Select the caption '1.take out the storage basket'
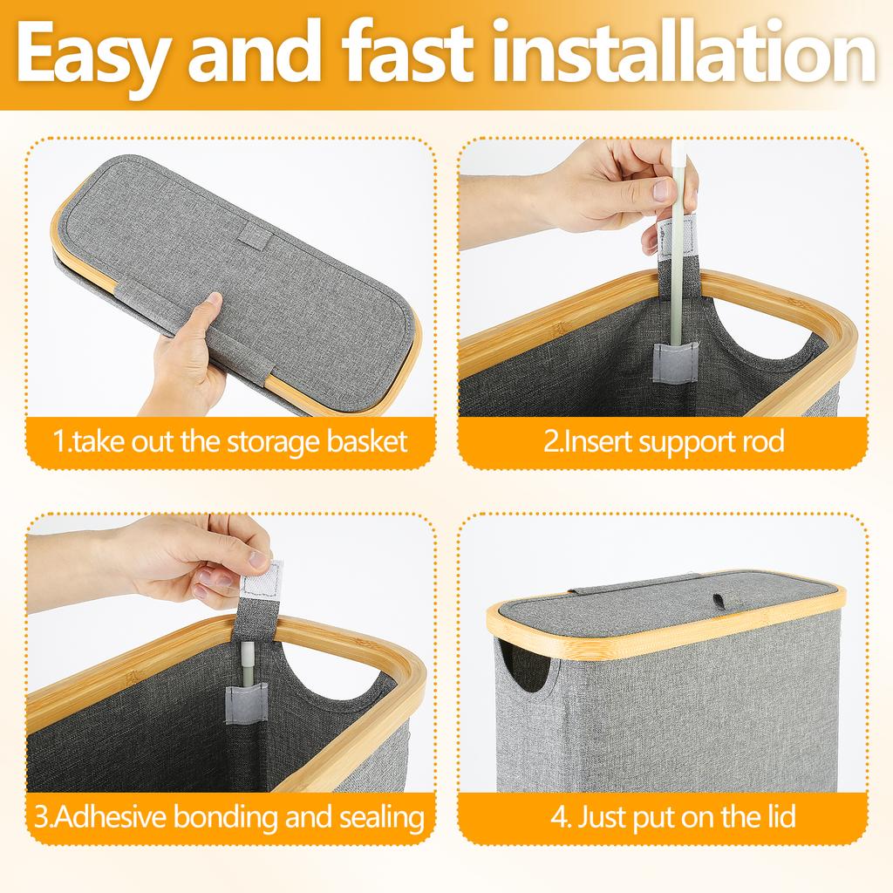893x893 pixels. [x=230, y=441]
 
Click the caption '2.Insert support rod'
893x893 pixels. [x=664, y=441]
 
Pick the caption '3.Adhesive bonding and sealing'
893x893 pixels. [x=230, y=818]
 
